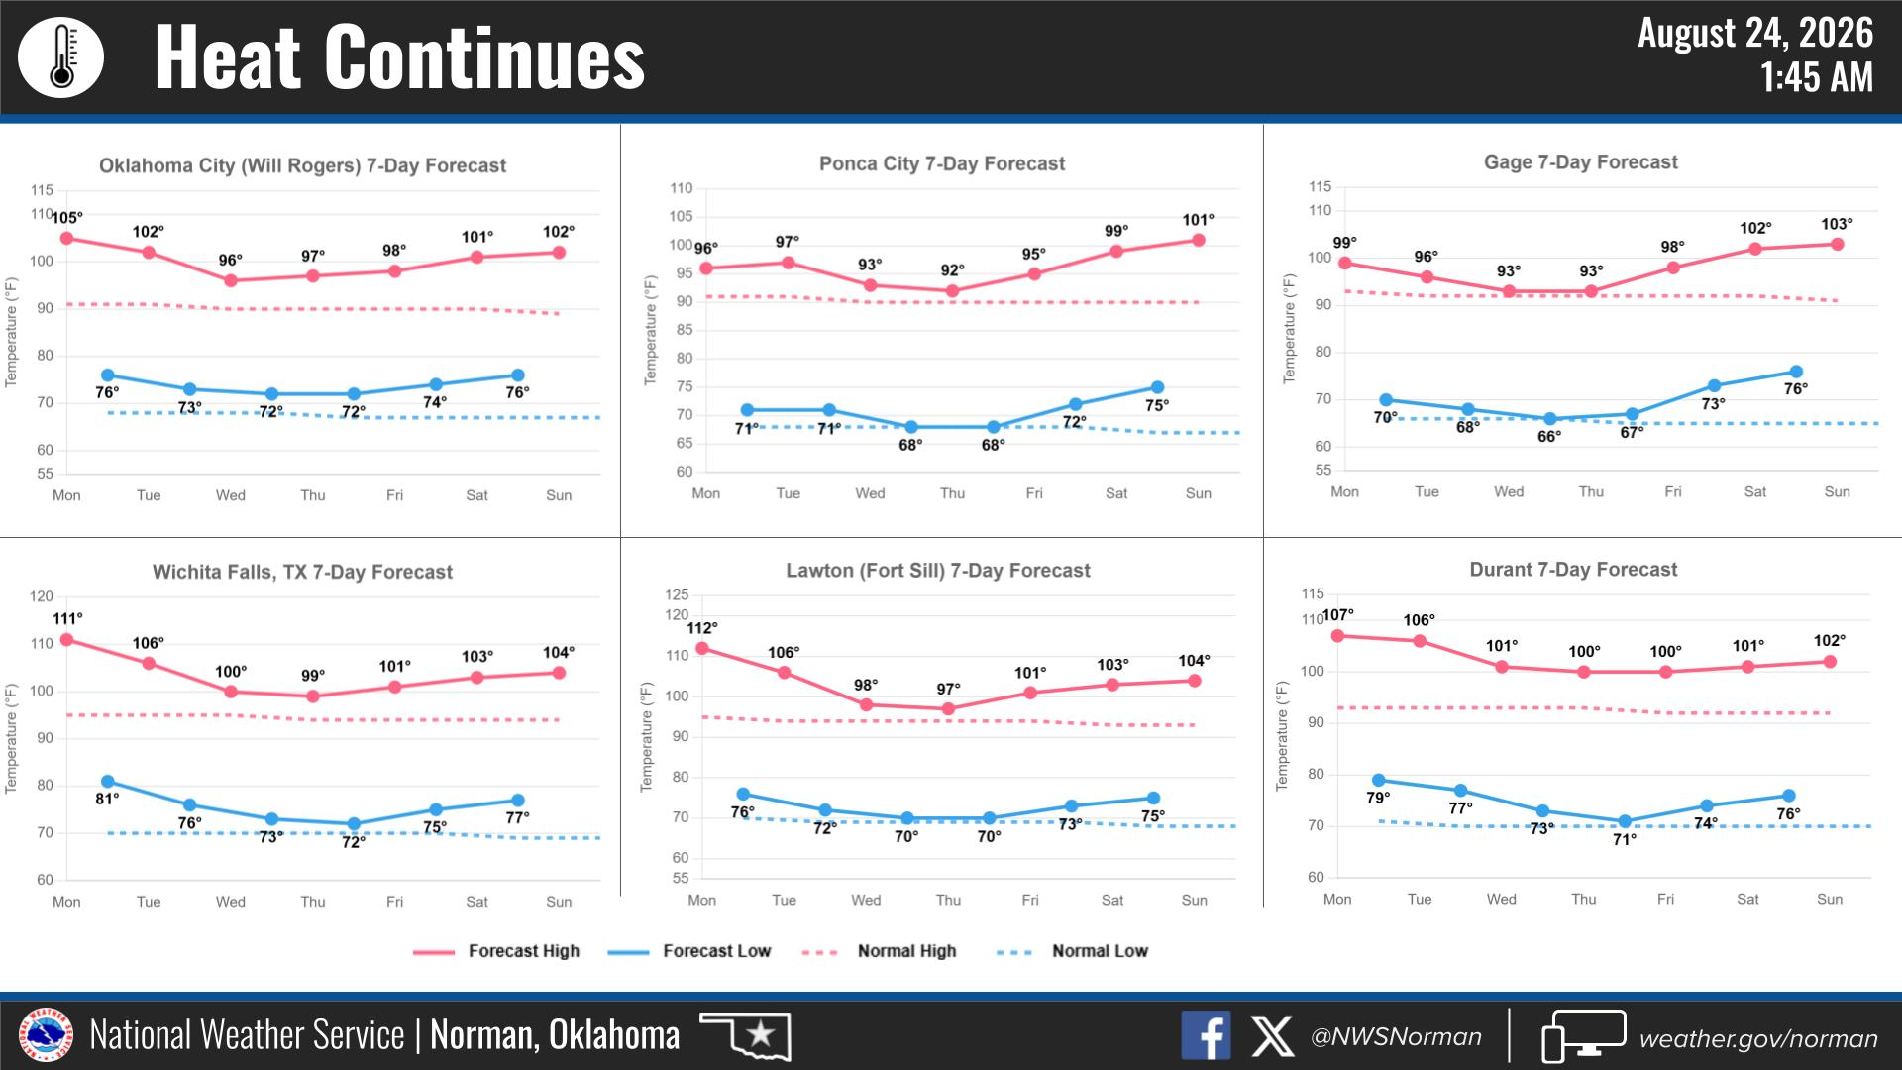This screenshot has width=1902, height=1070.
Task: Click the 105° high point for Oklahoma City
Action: pyautogui.click(x=66, y=239)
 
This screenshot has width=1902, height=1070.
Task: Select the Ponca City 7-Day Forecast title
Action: pyautogui.click(x=942, y=163)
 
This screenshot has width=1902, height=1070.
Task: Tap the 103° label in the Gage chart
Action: pyautogui.click(x=1837, y=225)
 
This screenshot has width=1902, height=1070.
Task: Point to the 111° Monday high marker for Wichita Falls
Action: pyautogui.click(x=66, y=640)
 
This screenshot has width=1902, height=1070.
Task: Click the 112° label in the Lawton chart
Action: pyautogui.click(x=702, y=628)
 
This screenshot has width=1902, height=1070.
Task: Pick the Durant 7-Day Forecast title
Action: pyautogui.click(x=1573, y=570)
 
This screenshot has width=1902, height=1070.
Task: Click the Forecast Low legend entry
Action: pyautogui.click(x=689, y=951)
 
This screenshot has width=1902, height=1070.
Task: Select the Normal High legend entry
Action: pyautogui.click(x=880, y=951)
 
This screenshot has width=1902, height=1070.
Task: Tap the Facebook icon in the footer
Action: pyautogui.click(x=1206, y=1035)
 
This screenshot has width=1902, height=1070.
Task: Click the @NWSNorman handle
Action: pyautogui.click(x=1396, y=1037)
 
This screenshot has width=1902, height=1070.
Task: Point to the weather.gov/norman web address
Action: pyautogui.click(x=1758, y=1038)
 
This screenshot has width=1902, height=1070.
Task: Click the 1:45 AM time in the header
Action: pyautogui.click(x=1817, y=77)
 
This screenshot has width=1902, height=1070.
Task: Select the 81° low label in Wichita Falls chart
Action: pyautogui.click(x=107, y=799)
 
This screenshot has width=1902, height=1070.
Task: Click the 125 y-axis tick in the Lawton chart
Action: pyautogui.click(x=677, y=594)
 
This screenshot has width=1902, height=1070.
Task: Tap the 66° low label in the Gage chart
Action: pyautogui.click(x=1549, y=437)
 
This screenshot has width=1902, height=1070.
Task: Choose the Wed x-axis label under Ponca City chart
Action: pyautogui.click(x=870, y=493)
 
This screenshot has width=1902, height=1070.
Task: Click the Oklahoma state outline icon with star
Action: pyautogui.click(x=745, y=1035)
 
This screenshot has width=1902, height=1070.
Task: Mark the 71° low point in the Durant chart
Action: pyautogui.click(x=1625, y=821)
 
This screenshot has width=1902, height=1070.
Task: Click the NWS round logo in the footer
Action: pyautogui.click(x=46, y=1035)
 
